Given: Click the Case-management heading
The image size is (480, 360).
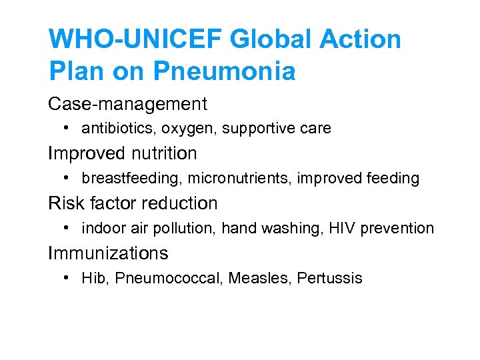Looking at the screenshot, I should pos(127,104).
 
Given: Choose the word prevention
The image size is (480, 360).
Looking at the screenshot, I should pos(397,228).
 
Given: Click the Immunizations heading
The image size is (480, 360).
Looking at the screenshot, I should pos(108,253).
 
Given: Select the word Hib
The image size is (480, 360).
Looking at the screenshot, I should pos(94,278).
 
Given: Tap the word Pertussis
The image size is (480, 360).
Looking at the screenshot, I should pos(330,278).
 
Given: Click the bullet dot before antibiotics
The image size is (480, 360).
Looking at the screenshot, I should pos(69,127).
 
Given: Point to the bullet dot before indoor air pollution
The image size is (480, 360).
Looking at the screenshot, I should pos(69,227).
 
